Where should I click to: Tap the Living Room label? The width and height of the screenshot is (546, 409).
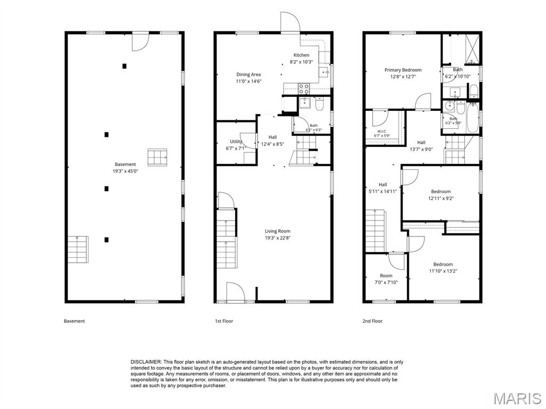tap(277, 231)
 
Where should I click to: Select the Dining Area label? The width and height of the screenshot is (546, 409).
tap(248, 75)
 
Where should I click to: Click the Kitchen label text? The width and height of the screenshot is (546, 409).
tap(301, 55)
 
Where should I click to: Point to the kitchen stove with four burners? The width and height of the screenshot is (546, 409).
tap(303, 89)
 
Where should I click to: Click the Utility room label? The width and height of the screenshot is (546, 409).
tap(236, 142)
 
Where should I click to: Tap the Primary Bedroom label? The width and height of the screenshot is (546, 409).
tap(403, 70)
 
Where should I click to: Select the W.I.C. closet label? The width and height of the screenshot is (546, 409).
tap(382, 131)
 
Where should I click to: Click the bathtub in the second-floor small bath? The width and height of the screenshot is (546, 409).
tap(472, 117)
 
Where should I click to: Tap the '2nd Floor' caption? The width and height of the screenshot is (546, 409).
tap(372, 321)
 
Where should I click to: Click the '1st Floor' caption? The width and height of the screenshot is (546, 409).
tap(224, 321)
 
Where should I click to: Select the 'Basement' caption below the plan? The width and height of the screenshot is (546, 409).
tap(74, 321)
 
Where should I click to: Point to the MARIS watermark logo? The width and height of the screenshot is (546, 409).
tap(517, 398)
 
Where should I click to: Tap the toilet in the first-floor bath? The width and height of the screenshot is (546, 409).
tap(320, 104)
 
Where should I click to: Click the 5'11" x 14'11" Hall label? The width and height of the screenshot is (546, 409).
tap(382, 188)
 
